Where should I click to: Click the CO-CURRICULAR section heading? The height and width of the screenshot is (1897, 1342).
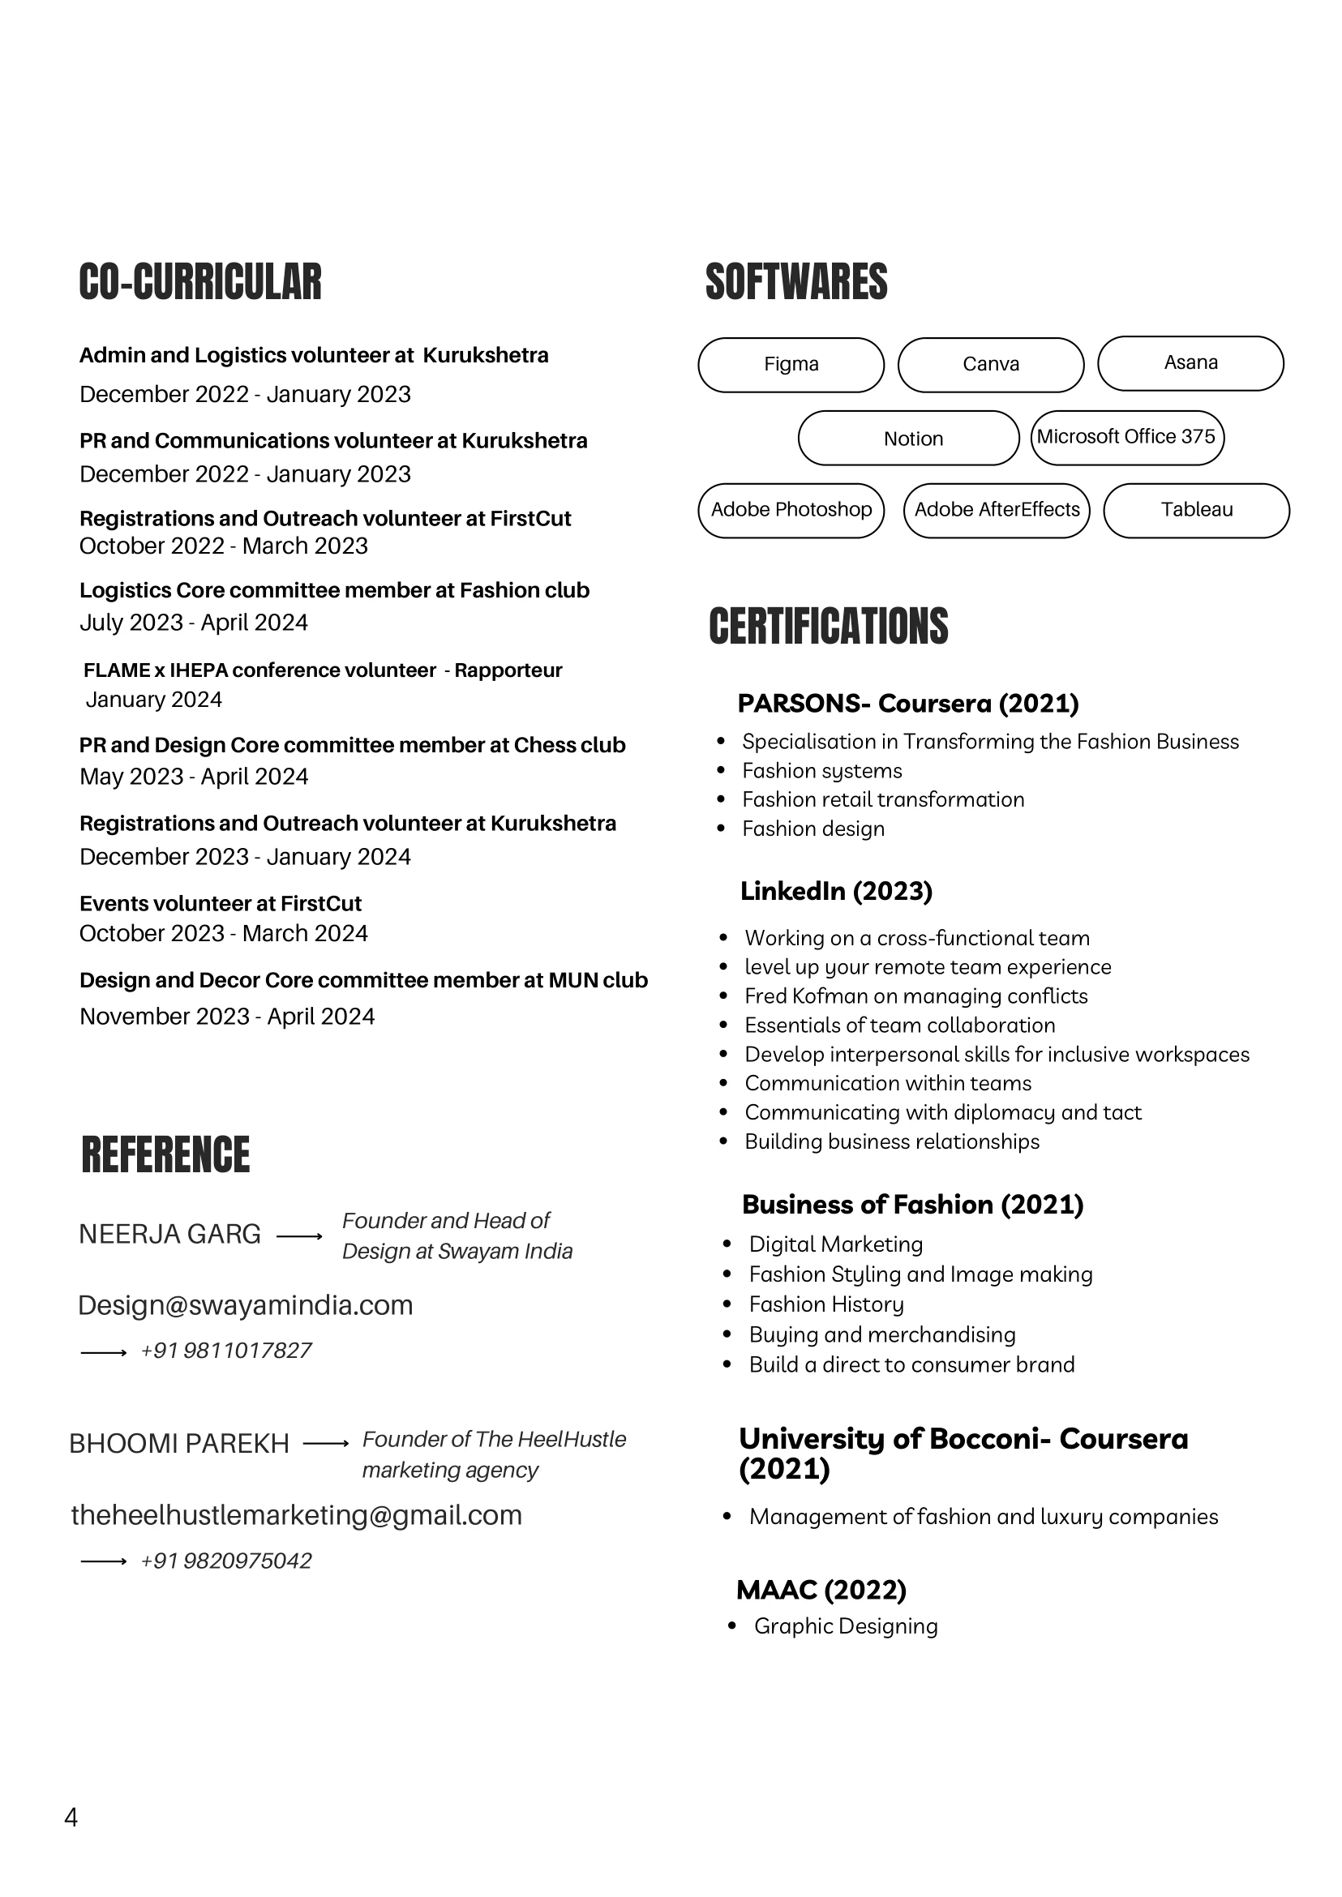coord(200,282)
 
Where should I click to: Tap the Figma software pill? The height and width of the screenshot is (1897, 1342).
coord(791,364)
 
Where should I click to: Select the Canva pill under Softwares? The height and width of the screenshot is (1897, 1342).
coord(991,364)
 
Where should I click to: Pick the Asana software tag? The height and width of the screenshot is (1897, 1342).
coord(1190,362)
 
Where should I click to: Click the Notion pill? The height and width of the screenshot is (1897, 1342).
coord(908,438)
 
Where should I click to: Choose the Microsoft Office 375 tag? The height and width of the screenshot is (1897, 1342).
coord(1126,437)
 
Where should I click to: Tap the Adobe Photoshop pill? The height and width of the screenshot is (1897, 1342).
coord(791,510)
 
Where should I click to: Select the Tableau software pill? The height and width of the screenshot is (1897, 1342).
coord(1196,510)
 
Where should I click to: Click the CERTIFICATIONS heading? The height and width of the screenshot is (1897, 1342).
coord(828,626)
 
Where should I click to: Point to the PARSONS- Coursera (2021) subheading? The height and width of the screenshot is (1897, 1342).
coord(907,703)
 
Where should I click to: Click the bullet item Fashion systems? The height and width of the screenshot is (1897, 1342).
coord(821,771)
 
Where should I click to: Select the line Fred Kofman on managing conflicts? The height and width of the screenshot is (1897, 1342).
coord(915,996)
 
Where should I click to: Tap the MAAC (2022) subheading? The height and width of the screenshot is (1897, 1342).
coord(821,1590)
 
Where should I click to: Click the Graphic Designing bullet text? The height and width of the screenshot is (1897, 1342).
coord(846,1626)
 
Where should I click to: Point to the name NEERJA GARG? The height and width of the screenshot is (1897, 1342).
coord(169,1235)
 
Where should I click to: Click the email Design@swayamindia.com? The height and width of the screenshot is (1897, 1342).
coord(246,1305)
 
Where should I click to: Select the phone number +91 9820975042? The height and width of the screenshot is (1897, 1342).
coord(225,1561)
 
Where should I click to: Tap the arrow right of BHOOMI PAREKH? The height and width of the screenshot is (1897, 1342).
coord(327,1443)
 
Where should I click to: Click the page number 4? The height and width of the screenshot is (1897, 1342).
coord(71,1818)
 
